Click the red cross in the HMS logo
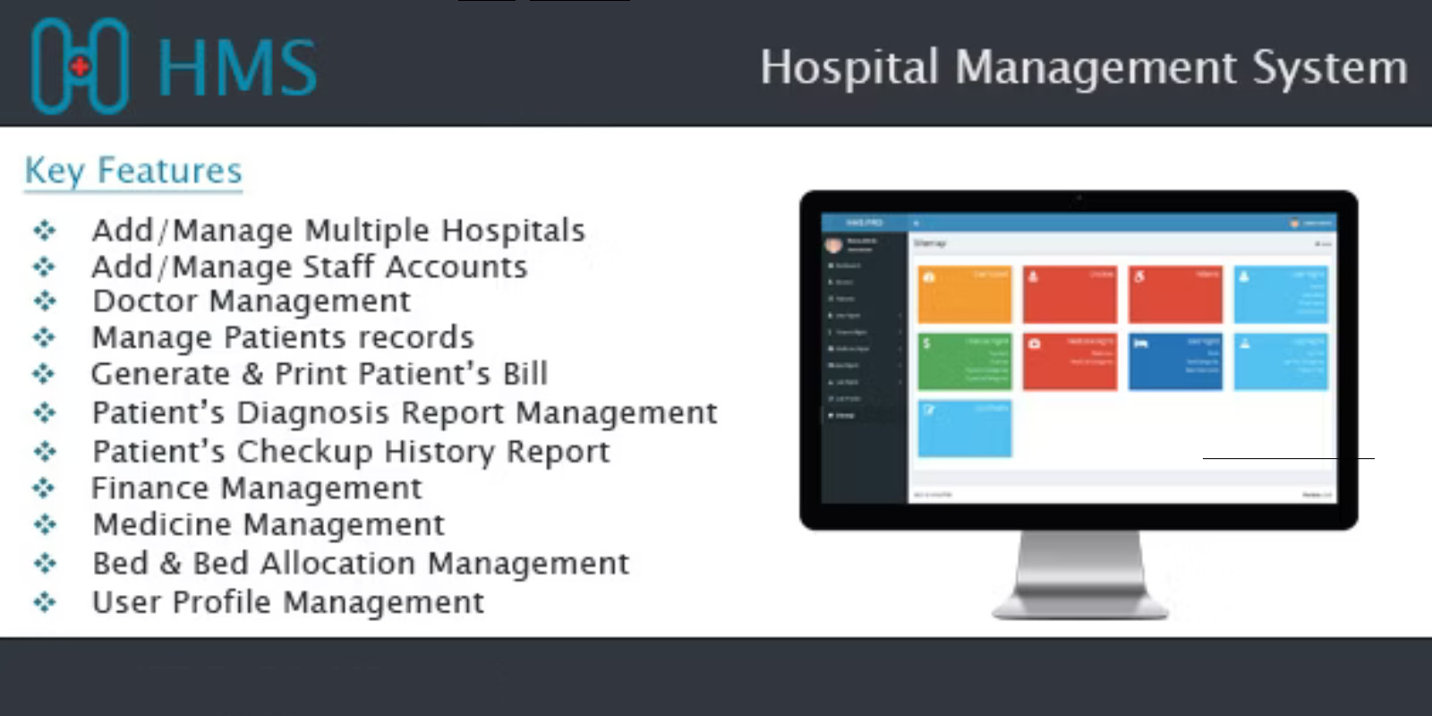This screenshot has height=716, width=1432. [81, 66]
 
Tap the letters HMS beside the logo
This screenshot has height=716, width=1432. [237, 67]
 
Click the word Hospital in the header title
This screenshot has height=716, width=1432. [848, 68]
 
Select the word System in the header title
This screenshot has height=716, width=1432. [1329, 68]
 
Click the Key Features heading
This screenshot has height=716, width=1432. [133, 170]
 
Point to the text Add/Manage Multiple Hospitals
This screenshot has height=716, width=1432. [338, 230]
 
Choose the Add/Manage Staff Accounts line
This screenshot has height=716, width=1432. [310, 267]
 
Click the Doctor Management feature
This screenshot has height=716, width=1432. [251, 302]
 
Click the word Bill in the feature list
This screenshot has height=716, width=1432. [524, 373]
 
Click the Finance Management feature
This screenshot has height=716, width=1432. [256, 488]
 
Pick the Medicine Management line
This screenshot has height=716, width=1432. [268, 524]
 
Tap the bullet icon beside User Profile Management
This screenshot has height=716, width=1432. [44, 602]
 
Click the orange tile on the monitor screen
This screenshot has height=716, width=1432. [964, 294]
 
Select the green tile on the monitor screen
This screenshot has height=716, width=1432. [964, 361]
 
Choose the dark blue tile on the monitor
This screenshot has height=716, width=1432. [1174, 361]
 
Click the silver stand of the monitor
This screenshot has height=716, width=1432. [1080, 573]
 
